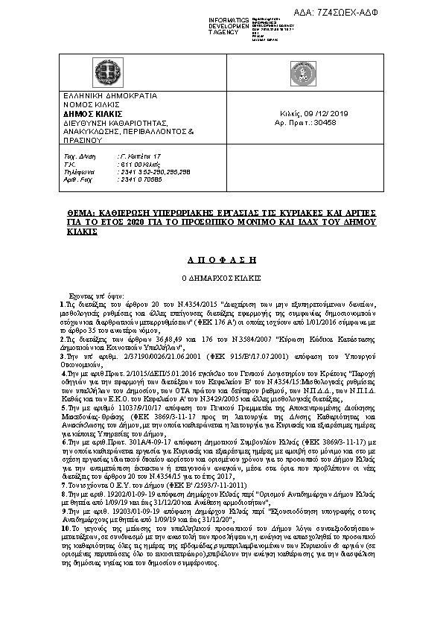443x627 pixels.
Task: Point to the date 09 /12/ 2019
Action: (325, 113)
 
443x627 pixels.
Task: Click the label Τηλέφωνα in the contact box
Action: (78, 171)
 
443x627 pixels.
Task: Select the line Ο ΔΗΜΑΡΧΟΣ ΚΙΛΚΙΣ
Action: (220, 277)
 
